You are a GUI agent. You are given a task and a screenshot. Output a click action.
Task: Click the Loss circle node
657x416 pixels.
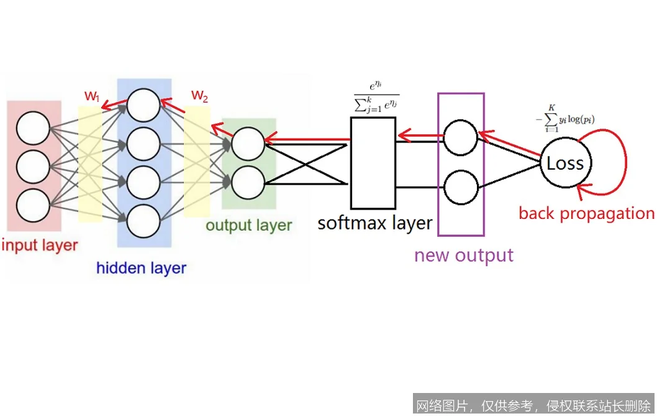click(x=565, y=164)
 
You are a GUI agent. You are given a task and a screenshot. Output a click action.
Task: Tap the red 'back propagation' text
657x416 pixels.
click(x=586, y=213)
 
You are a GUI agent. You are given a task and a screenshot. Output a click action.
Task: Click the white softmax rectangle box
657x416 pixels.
click(x=373, y=163)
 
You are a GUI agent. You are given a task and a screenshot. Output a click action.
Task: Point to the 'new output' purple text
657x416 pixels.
click(x=464, y=256)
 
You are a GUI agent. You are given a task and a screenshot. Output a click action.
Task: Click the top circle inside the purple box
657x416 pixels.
click(x=461, y=136)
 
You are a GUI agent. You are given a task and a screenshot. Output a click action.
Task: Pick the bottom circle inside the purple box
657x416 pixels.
click(x=461, y=187)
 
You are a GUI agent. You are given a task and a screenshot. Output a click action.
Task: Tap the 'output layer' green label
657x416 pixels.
click(x=248, y=224)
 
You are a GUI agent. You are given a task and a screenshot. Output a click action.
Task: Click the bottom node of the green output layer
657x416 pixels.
click(x=248, y=182)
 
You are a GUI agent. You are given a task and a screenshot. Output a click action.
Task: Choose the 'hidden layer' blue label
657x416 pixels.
click(x=141, y=268)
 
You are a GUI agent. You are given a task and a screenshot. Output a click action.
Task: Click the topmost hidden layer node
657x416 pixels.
click(x=143, y=105)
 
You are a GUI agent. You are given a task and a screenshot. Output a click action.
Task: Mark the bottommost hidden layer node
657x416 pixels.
click(x=143, y=221)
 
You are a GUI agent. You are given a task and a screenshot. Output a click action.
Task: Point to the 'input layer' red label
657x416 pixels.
click(x=40, y=244)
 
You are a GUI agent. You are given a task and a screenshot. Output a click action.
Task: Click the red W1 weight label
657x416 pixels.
click(x=93, y=96)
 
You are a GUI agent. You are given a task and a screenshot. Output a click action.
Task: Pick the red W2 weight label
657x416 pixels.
click(x=199, y=95)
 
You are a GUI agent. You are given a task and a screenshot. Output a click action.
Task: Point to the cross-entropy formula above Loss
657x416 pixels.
click(x=565, y=116)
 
